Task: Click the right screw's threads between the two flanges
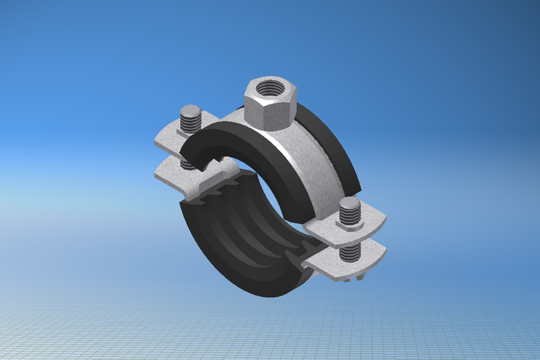click(350, 250)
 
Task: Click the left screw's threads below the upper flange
click(188, 162)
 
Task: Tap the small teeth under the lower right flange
click(349, 277)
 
